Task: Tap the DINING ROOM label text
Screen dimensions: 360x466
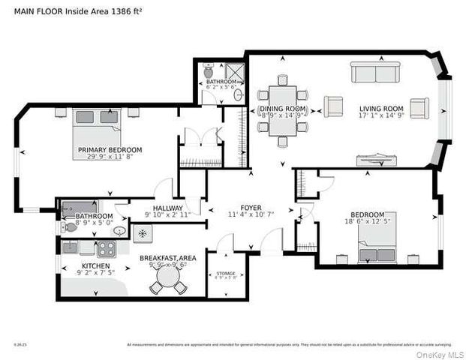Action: pos(283,109)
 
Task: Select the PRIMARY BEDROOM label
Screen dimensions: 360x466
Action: pos(110,150)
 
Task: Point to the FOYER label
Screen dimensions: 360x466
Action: pos(251,208)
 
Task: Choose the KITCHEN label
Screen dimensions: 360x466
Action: pos(96,265)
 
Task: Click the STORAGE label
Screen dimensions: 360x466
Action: pos(226,273)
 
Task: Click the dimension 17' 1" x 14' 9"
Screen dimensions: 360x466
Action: pos(381,117)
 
